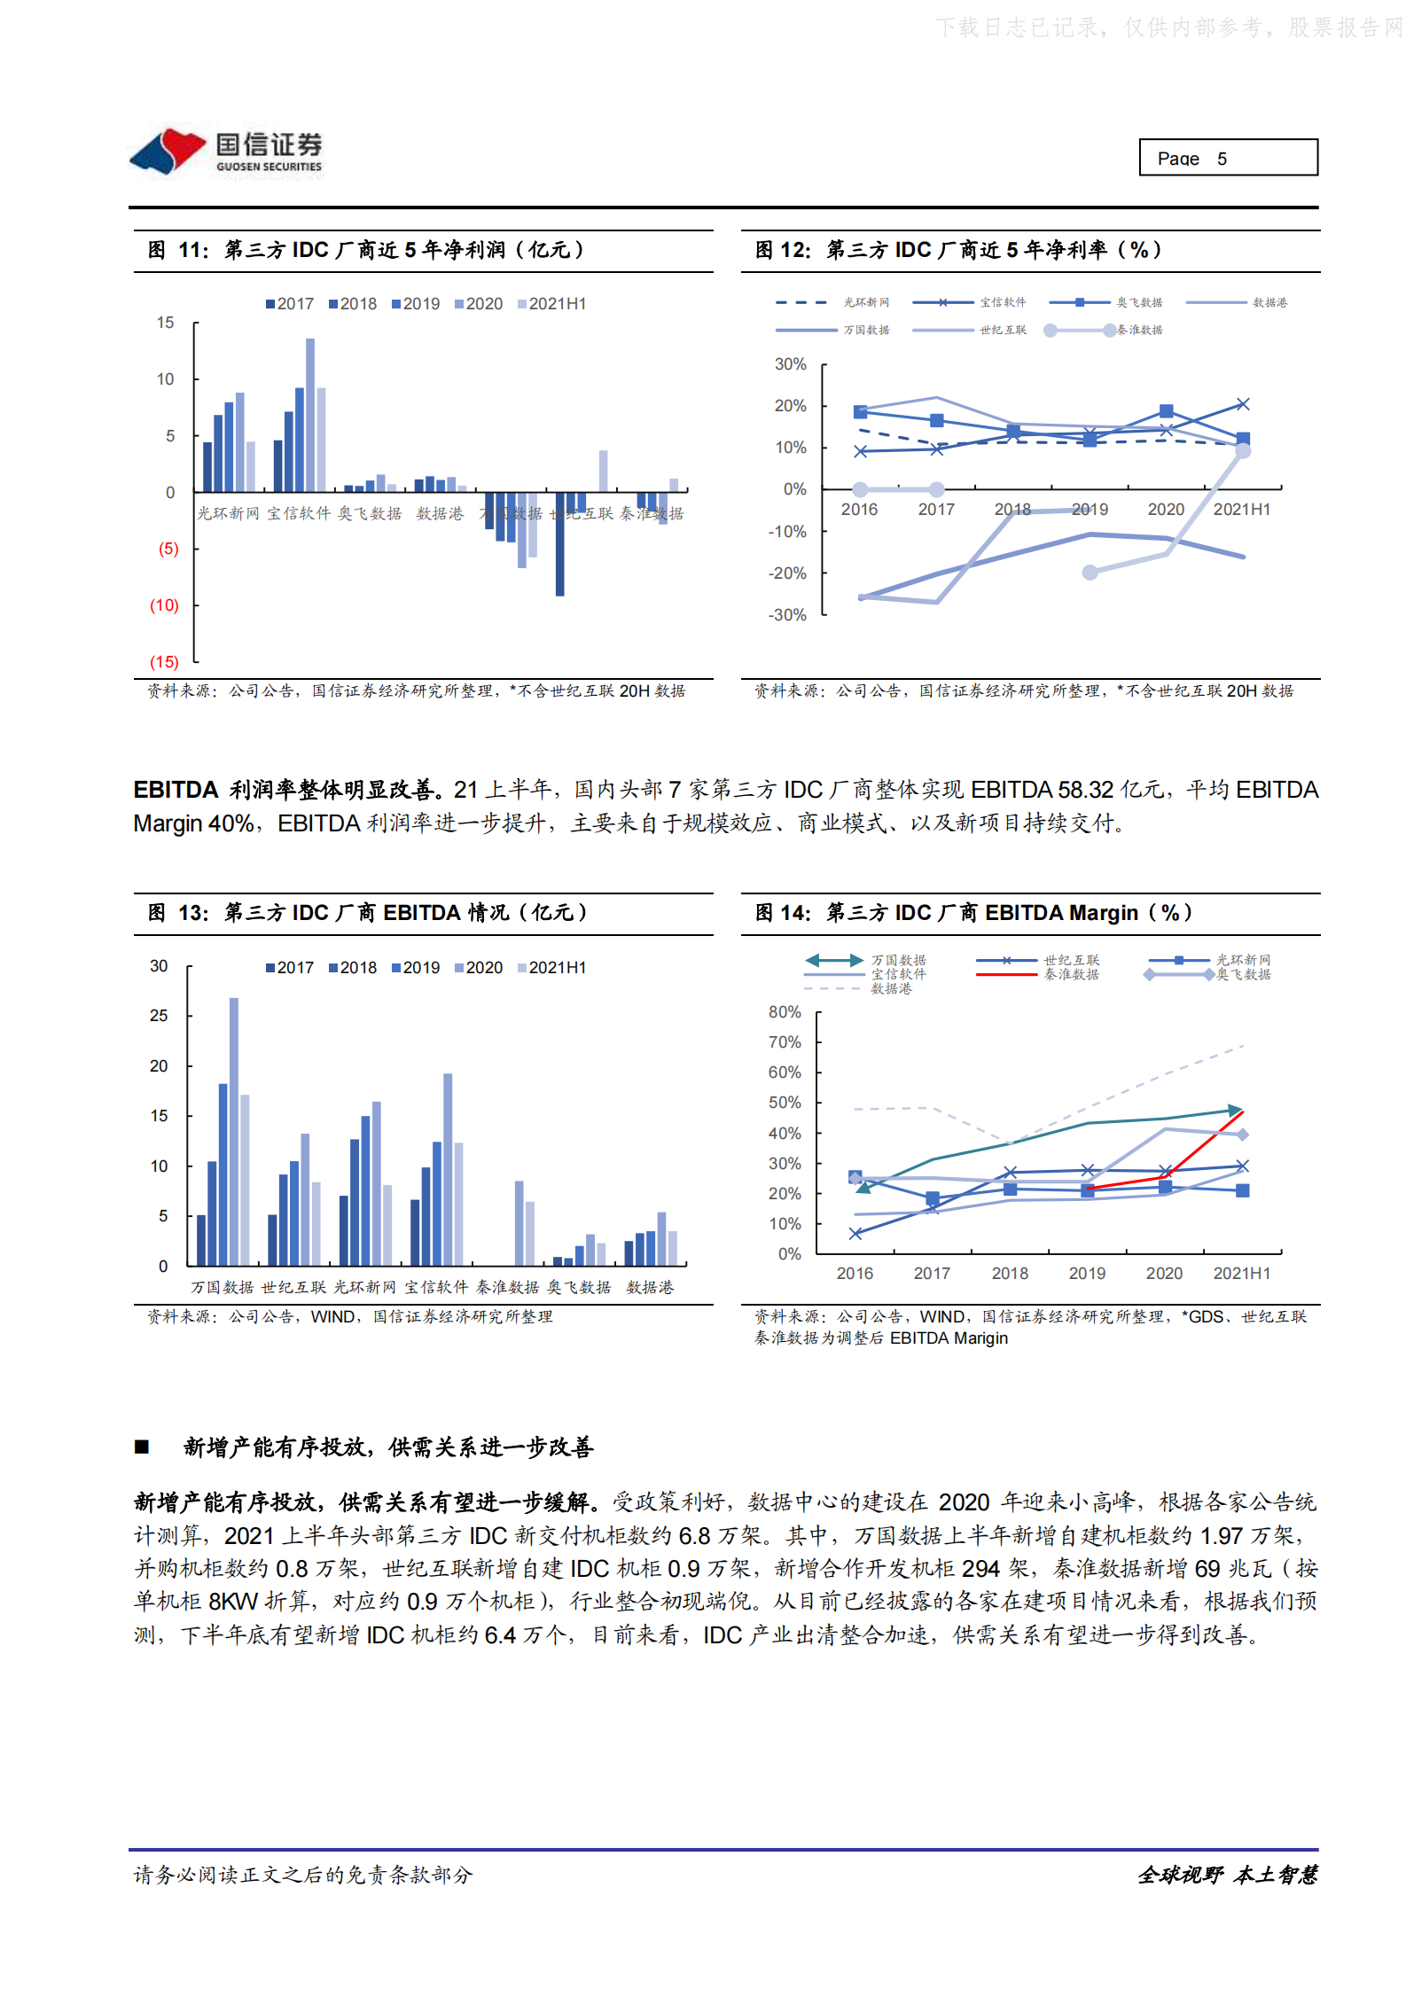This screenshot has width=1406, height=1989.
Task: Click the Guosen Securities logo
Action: pyautogui.click(x=227, y=152)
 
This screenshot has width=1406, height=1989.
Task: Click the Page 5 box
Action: pyautogui.click(x=1227, y=158)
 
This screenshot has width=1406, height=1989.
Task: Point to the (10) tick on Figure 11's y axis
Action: pyautogui.click(x=164, y=605)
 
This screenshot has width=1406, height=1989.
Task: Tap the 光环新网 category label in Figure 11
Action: pyautogui.click(x=228, y=514)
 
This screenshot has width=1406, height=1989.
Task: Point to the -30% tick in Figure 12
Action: pyautogui.click(x=787, y=615)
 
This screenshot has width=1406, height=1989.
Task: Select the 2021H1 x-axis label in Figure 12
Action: pyautogui.click(x=1241, y=510)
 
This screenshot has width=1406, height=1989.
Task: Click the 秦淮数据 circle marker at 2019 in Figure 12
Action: pyautogui.click(x=1090, y=573)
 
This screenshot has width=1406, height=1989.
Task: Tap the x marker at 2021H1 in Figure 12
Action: pyautogui.click(x=1243, y=404)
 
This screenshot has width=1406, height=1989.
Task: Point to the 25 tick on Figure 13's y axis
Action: pyautogui.click(x=159, y=1016)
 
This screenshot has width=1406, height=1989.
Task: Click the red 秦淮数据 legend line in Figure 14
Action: pyautogui.click(x=1006, y=975)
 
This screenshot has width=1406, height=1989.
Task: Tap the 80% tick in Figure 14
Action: pyautogui.click(x=785, y=1012)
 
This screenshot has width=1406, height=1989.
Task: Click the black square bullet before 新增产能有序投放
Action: pyautogui.click(x=142, y=1447)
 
